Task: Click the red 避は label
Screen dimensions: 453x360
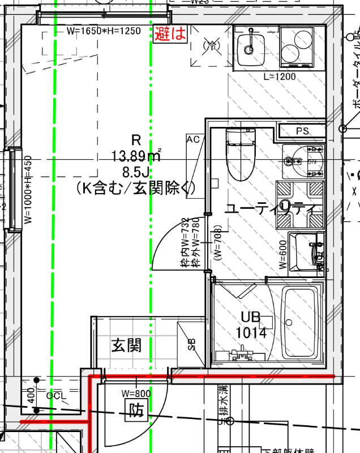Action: [170, 33]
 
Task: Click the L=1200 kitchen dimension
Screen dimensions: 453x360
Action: [280, 76]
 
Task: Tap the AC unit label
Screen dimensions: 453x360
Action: [193, 139]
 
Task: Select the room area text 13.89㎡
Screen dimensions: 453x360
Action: [136, 155]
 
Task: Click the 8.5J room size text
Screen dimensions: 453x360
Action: [136, 171]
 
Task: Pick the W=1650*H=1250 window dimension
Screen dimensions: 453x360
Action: [103, 31]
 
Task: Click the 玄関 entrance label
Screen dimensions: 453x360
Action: [126, 345]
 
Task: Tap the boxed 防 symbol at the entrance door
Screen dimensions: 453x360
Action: [136, 410]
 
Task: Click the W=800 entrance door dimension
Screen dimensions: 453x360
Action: [136, 393]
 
